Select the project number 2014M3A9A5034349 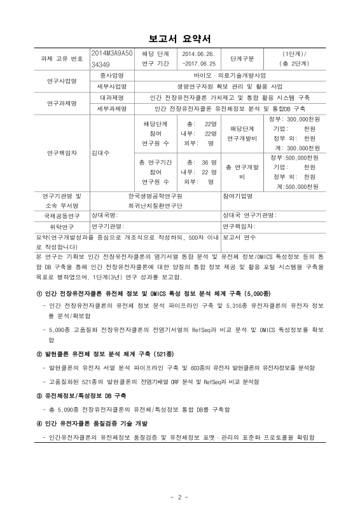[111, 59]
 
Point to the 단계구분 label [242, 59]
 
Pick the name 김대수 [100, 153]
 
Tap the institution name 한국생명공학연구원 [155, 195]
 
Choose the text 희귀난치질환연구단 [155, 206]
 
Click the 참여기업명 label [239, 195]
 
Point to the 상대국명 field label [104, 216]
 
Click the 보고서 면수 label [239, 236]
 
